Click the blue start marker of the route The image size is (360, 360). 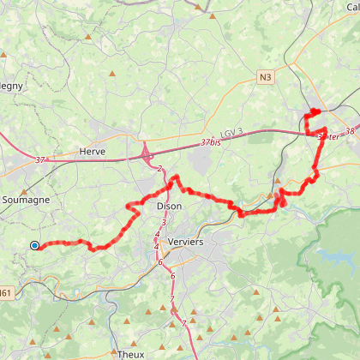[34, 245]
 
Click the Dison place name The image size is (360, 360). [169, 207]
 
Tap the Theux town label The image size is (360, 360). [131, 353]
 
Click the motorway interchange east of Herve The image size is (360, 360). [147, 154]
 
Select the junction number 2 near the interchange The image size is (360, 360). [159, 169]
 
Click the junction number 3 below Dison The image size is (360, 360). [163, 222]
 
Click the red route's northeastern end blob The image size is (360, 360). [314, 111]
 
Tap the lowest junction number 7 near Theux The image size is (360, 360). [183, 322]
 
